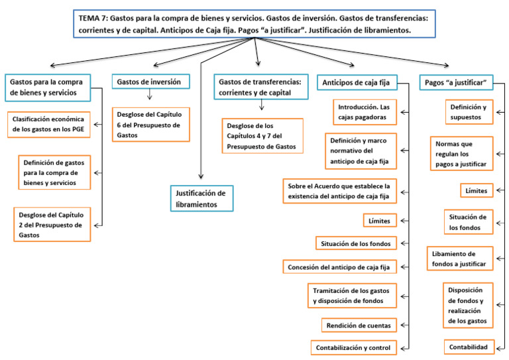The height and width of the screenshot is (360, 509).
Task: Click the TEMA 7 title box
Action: [254, 24]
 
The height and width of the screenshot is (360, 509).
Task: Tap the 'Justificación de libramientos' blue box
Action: [201, 198]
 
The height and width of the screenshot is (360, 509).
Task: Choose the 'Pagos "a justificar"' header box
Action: [456, 82]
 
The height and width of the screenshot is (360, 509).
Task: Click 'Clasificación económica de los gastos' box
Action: [50, 125]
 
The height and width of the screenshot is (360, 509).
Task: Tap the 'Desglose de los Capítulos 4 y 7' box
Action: [262, 136]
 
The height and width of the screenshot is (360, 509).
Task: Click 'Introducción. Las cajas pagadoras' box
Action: [365, 112]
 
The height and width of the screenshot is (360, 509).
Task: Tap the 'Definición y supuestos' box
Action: [468, 112]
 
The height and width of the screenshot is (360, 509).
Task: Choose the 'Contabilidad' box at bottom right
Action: [468, 347]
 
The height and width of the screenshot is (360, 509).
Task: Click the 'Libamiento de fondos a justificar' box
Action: [460, 259]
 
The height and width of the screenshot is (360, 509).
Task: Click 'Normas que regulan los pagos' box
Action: [460, 153]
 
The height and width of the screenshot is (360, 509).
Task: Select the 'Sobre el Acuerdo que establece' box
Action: [339, 190]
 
